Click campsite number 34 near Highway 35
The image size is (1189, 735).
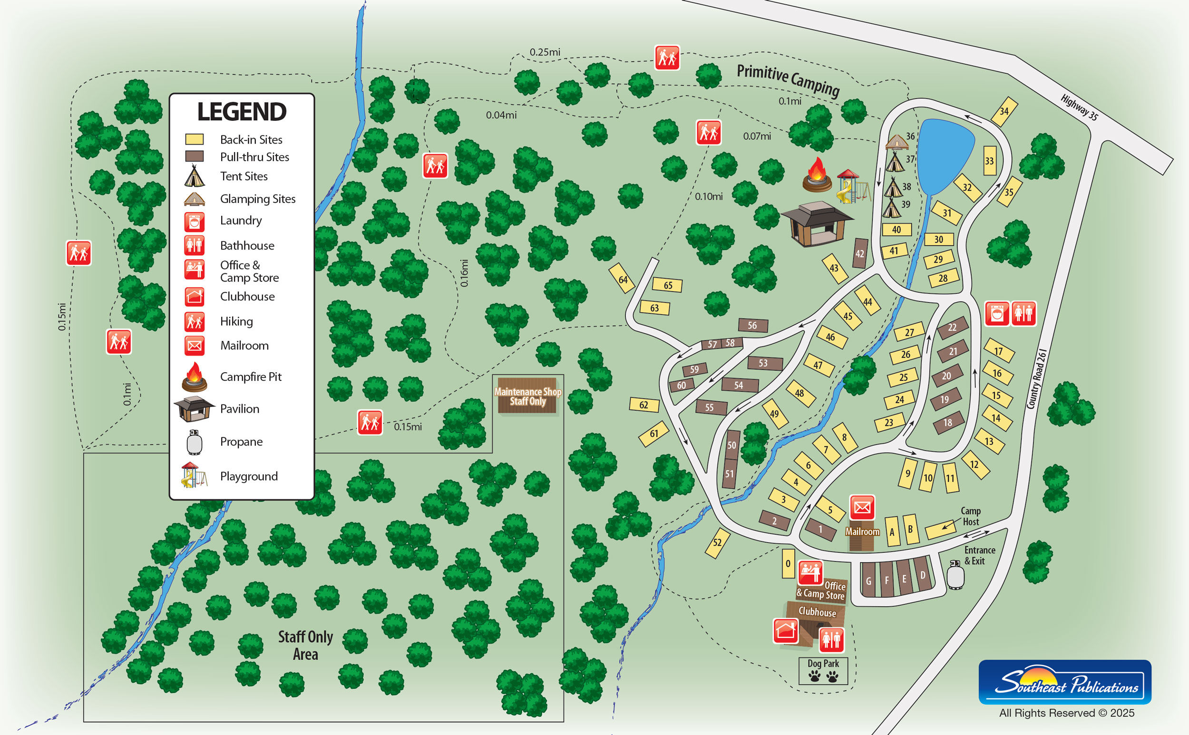coord(1004,111)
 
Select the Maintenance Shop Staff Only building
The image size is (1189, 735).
coord(527,396)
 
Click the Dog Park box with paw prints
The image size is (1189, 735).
coord(823,671)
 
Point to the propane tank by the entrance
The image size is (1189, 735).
coord(955,575)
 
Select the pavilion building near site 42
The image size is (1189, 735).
coord(817,224)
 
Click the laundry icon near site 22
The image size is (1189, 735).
coord(997,314)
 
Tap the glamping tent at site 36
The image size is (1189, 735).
coord(897,142)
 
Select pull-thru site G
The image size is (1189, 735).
coord(868,580)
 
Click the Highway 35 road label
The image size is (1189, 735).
coord(1079,107)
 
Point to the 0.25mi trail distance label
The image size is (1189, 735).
coord(545,52)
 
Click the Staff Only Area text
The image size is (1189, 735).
coord(305,645)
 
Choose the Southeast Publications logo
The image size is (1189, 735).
coord(1064,682)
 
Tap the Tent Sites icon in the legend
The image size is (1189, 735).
coord(194,176)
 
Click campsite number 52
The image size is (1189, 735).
coord(717,542)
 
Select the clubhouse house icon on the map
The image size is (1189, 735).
coord(785,631)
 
